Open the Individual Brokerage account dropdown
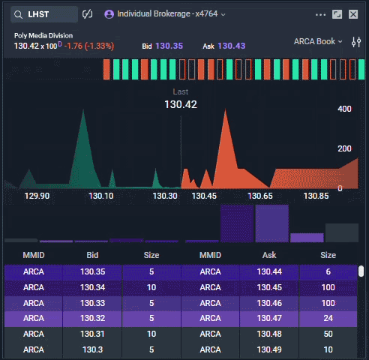pyautogui.click(x=165, y=14)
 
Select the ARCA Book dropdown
pyautogui.click(x=319, y=41)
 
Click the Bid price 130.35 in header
pyautogui.click(x=169, y=46)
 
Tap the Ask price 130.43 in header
pyautogui.click(x=231, y=46)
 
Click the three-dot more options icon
pyautogui.click(x=321, y=14)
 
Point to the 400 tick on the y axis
pyautogui.click(x=344, y=109)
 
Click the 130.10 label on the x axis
pyautogui.click(x=101, y=196)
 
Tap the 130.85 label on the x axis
pyautogui.click(x=316, y=196)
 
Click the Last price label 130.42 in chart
pyautogui.click(x=180, y=104)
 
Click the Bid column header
pyautogui.click(x=92, y=255)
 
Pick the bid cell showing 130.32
pyautogui.click(x=92, y=318)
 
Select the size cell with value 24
pyautogui.click(x=328, y=318)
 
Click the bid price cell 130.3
pyautogui.click(x=92, y=349)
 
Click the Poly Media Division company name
pyautogui.click(x=43, y=35)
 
